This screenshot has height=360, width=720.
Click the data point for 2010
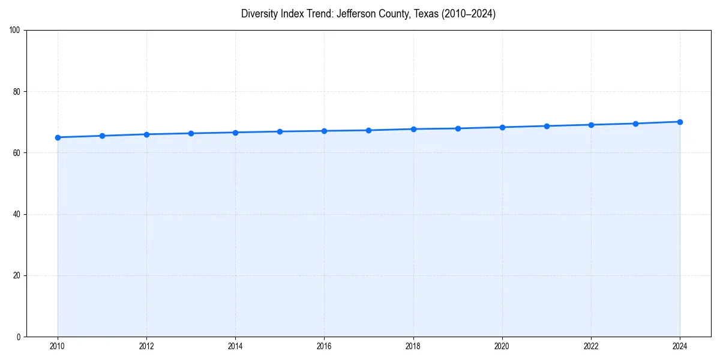58,137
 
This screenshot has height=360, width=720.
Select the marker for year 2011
102,136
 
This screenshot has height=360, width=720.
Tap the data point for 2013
191,133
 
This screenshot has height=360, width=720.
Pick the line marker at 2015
280,131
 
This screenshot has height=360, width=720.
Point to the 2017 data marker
368,130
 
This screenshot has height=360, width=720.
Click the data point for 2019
458,128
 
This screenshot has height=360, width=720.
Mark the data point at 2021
547,126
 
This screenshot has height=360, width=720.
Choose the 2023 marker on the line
635,124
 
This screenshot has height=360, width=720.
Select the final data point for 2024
680,122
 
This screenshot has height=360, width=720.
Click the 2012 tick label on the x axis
146,346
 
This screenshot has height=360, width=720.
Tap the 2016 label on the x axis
324,346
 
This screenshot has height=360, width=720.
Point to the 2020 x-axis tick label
502,346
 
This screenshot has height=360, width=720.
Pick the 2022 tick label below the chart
591,346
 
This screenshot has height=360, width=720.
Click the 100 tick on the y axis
15,31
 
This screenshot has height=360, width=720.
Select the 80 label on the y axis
17,92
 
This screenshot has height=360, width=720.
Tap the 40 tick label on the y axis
17,214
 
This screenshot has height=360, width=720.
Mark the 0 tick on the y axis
19,337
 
